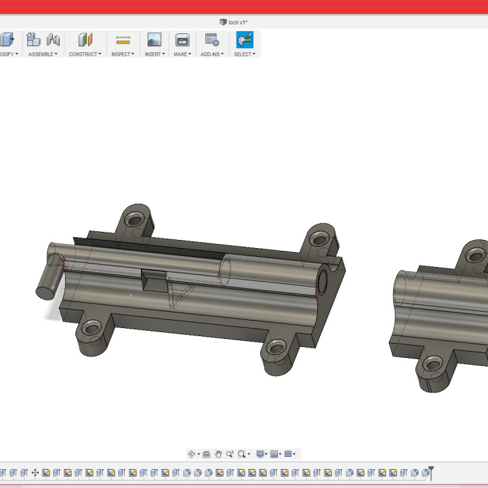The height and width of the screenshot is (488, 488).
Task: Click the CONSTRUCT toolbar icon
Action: tap(85, 40)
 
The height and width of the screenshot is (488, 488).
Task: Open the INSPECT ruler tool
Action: tap(123, 40)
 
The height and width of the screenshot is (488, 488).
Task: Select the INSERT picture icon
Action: tap(155, 40)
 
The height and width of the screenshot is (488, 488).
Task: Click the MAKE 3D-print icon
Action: tap(182, 40)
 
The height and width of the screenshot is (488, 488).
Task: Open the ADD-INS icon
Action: tap(211, 40)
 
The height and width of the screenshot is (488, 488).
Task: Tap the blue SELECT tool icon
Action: tap(244, 40)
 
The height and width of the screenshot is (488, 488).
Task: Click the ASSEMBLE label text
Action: tap(41, 54)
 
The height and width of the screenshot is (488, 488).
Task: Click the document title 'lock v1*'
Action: tap(237, 22)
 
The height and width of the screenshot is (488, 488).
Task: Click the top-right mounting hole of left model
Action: tap(319, 239)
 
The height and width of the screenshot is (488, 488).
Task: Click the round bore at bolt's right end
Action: tap(322, 280)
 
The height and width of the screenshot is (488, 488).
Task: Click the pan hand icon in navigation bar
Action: tap(218, 454)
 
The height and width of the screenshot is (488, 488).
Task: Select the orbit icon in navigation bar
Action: tap(192, 454)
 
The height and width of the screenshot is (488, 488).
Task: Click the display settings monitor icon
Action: tap(260, 454)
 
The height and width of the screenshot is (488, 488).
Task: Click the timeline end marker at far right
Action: tap(430, 472)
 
